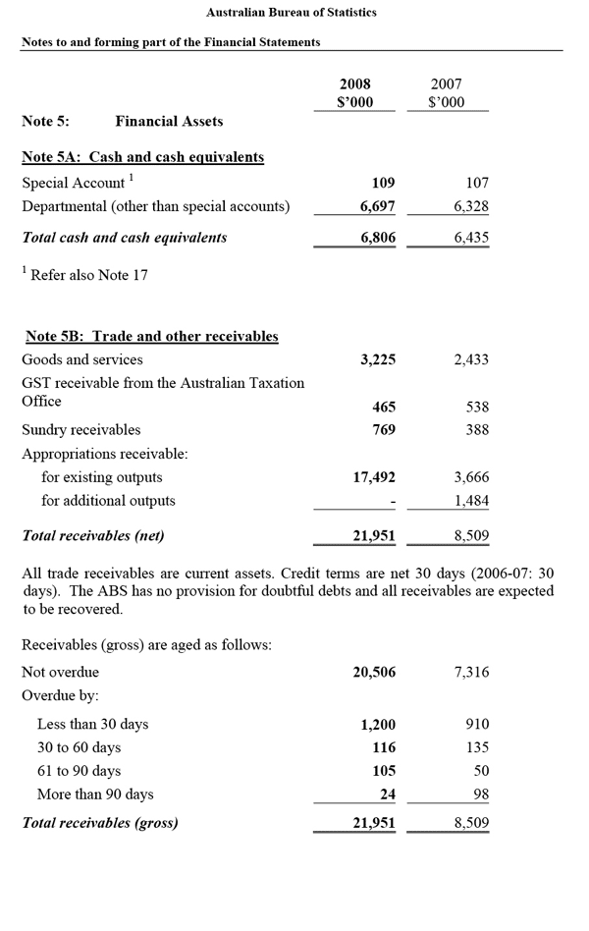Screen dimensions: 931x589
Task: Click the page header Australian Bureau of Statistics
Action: (292, 13)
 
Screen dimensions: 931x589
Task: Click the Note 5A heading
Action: (142, 157)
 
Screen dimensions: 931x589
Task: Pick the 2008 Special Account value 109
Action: (383, 183)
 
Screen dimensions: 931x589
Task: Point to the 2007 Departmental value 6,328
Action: (471, 206)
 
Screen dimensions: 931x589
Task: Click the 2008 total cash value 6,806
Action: (377, 238)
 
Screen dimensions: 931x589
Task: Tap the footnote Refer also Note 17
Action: (88, 275)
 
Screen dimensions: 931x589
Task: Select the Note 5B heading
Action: (150, 336)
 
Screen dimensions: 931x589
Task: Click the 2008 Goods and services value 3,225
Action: (377, 359)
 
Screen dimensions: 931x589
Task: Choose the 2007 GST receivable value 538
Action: (477, 407)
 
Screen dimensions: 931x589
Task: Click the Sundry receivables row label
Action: (81, 430)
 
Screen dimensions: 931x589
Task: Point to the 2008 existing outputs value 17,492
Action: (374, 477)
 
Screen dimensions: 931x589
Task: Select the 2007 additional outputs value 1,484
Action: (471, 501)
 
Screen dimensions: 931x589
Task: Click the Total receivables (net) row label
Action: (93, 536)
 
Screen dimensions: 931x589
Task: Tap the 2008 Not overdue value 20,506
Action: (374, 672)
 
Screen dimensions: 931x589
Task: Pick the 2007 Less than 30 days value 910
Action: (477, 725)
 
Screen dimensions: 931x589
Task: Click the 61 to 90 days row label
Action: (79, 771)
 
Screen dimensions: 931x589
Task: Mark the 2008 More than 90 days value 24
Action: (387, 794)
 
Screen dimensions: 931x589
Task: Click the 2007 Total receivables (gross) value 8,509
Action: (471, 823)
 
